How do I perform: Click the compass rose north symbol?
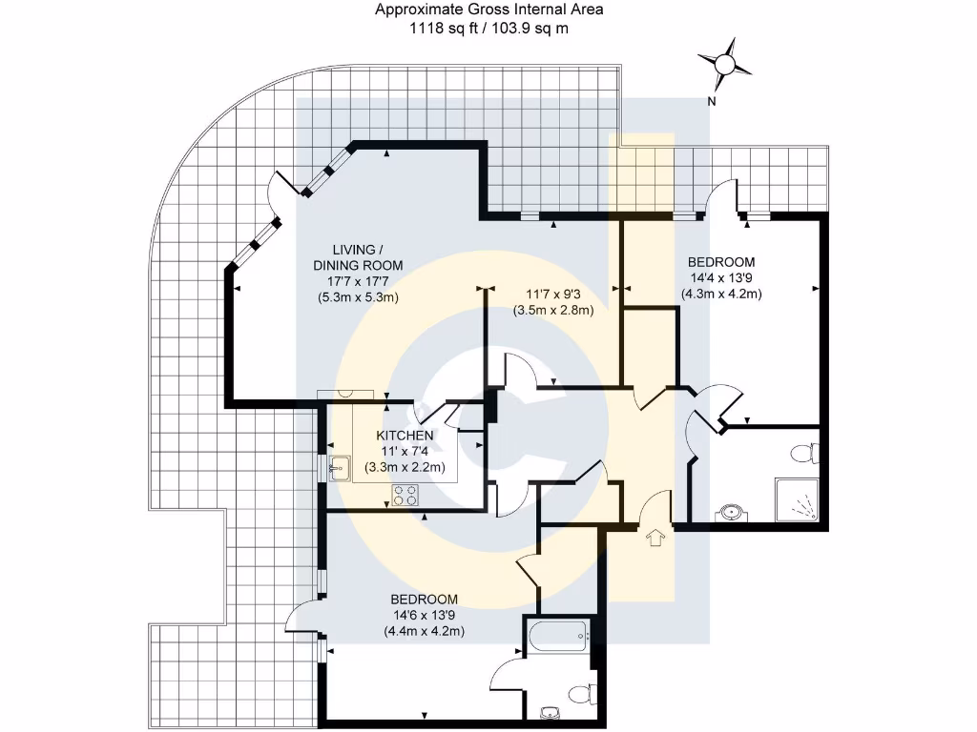(x=724, y=64)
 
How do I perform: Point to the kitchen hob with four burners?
(x=404, y=496)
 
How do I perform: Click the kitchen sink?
(x=339, y=467)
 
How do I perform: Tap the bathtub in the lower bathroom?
(x=556, y=636)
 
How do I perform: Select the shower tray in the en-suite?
(x=798, y=499)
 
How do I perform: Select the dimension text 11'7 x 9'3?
(x=553, y=295)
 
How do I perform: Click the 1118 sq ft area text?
(x=447, y=29)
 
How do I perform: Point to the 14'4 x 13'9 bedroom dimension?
(x=721, y=278)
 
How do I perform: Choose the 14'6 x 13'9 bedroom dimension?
(x=425, y=615)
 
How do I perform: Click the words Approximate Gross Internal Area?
(x=488, y=10)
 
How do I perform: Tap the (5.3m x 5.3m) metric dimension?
(x=358, y=296)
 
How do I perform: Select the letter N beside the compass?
(x=711, y=100)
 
